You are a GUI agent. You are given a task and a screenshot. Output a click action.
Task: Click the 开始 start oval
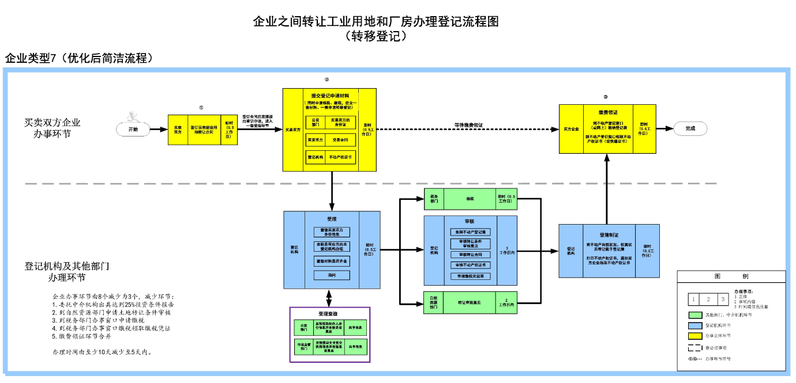(133, 130)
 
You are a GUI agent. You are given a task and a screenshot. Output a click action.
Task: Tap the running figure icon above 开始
(134, 113)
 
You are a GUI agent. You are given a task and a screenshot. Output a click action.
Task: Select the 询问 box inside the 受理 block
(332, 275)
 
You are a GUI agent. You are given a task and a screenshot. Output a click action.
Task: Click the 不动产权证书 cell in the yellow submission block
(341, 157)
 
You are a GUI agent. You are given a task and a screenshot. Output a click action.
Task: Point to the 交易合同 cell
(341, 139)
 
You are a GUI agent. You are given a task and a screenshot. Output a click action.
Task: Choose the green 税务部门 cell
(434, 198)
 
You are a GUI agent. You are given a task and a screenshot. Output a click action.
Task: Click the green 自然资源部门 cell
(434, 302)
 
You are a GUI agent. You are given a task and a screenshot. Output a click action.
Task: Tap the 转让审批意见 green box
(470, 302)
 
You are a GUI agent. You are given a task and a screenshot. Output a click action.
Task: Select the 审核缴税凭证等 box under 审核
(470, 276)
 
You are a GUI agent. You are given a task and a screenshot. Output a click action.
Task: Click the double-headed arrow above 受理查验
(329, 298)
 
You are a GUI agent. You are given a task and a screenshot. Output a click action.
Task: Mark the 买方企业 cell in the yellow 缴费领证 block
(571, 129)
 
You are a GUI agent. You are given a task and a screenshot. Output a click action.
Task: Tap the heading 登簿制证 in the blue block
(609, 235)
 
